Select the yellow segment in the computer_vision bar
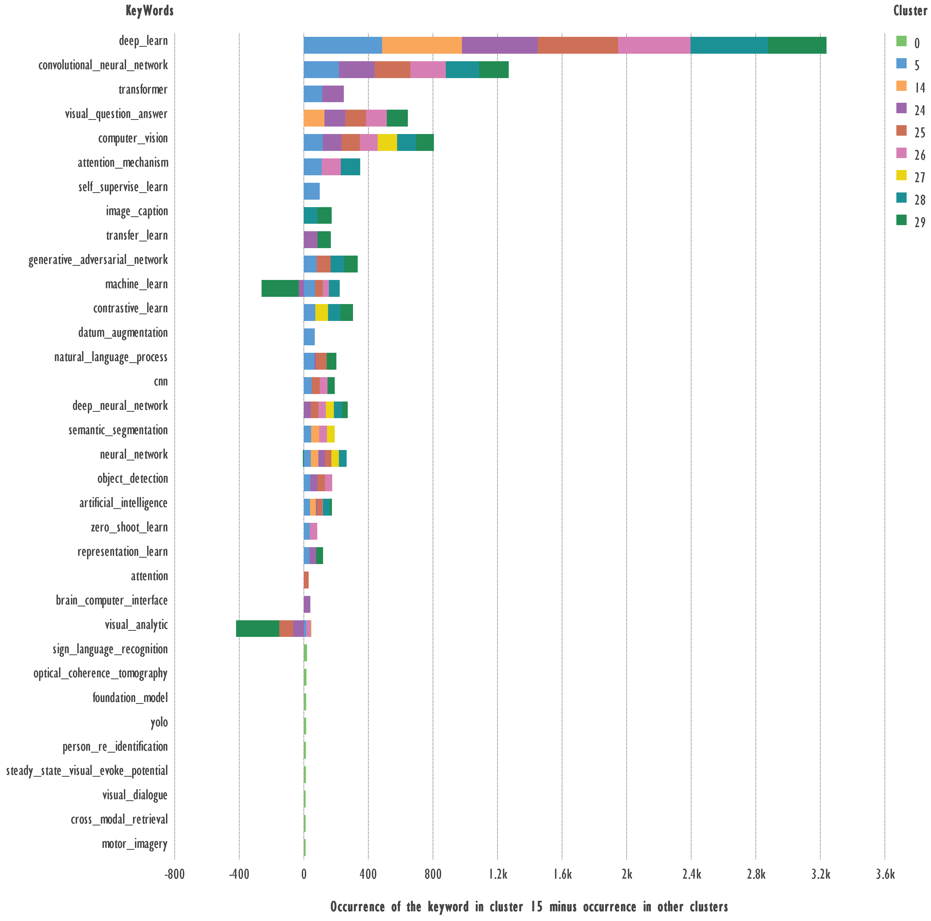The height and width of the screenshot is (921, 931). click(x=387, y=143)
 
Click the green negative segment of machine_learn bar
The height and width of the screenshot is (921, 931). click(x=280, y=288)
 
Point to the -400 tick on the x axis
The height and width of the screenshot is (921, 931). click(x=239, y=874)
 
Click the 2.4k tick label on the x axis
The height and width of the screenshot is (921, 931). click(x=691, y=874)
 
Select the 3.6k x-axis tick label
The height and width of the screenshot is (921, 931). click(x=885, y=874)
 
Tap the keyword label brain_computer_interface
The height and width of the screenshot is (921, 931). click(x=112, y=600)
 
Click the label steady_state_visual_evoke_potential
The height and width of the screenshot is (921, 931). click(x=87, y=771)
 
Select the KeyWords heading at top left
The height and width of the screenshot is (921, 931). click(x=149, y=11)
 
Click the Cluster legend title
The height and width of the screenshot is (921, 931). click(x=910, y=11)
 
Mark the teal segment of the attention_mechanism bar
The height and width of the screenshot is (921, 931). click(x=350, y=167)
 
